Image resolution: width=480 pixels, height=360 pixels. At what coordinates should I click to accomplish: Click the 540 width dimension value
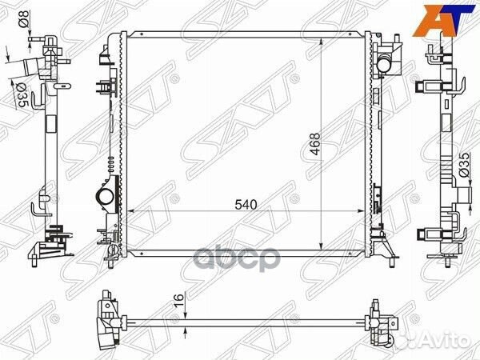pos(246,205)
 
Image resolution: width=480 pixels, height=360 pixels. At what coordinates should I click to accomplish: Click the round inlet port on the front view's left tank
pos(103,196)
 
